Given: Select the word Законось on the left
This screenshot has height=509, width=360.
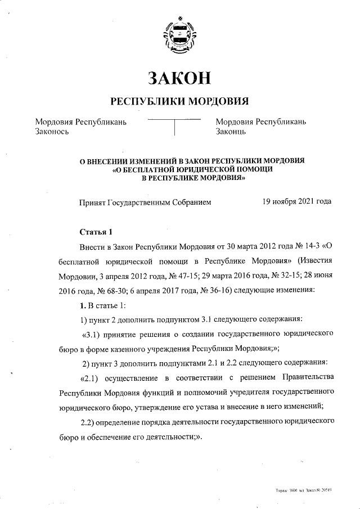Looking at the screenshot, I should (52, 132).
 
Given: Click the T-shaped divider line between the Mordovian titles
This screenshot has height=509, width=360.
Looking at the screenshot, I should (175, 126).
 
